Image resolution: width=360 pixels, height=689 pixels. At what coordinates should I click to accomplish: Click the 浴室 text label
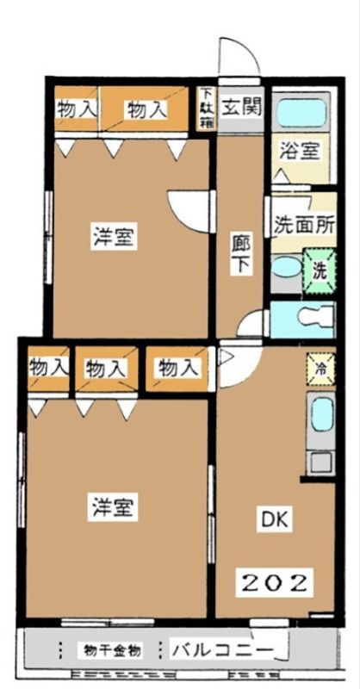point(301,152)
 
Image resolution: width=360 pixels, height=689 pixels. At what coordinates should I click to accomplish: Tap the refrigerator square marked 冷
point(320,367)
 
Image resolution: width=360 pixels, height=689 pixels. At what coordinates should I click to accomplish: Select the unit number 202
point(273,582)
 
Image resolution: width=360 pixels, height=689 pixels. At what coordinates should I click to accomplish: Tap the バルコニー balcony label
point(222,648)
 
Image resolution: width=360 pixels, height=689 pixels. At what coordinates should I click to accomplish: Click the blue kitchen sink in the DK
point(320,418)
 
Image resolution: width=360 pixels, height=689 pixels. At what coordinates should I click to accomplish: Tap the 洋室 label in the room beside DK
point(114,508)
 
